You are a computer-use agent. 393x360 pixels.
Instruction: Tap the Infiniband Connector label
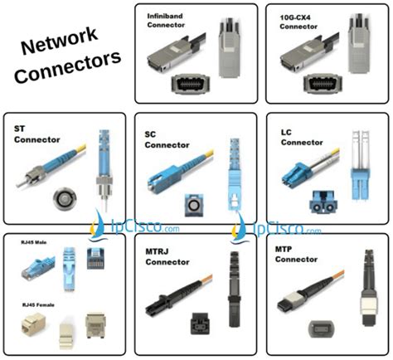(x=166, y=22)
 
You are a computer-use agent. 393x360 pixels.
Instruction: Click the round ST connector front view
(x=63, y=199)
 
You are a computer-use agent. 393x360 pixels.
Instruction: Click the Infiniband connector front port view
(x=193, y=85)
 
